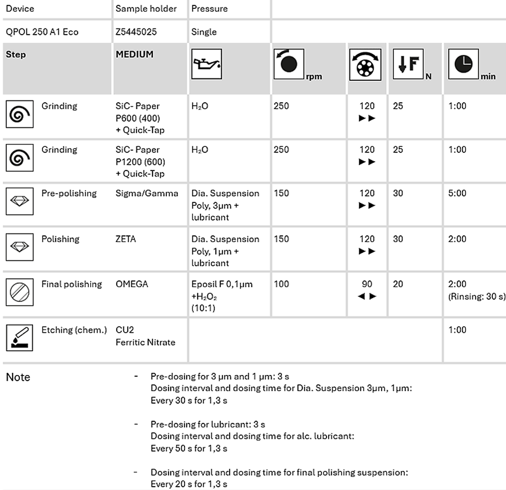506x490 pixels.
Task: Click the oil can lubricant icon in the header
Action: click(207, 64)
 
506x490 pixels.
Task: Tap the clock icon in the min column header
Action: click(463, 64)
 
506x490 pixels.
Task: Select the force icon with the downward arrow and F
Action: click(408, 64)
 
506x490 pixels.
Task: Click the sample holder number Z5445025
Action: click(136, 32)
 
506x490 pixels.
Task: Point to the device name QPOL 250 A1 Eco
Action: click(42, 32)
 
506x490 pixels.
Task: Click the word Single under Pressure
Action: click(204, 32)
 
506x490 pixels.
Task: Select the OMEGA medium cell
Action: click(132, 284)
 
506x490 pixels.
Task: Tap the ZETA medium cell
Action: click(126, 239)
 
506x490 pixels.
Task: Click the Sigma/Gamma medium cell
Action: click(147, 193)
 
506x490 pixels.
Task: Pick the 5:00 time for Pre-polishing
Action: click(457, 193)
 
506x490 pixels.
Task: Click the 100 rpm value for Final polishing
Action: click(281, 284)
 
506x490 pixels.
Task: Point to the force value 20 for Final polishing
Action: click(398, 284)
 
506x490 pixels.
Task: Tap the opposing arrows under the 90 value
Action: click(367, 296)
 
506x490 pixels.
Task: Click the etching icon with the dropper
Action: click(19, 338)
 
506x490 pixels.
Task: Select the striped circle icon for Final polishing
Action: click(19, 292)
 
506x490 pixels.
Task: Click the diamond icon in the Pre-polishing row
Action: click(19, 201)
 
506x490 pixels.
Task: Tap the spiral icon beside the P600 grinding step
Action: click(19, 114)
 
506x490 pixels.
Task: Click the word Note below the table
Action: click(18, 377)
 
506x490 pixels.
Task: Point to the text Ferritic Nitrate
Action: click(145, 343)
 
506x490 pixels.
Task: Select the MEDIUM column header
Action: click(135, 54)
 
